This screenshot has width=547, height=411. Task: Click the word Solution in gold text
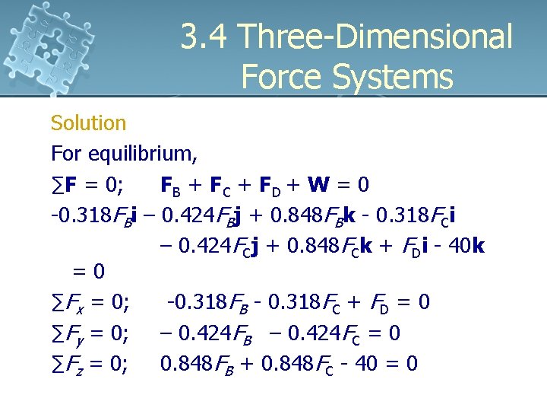click(x=88, y=123)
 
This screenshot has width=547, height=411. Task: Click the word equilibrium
click(x=144, y=154)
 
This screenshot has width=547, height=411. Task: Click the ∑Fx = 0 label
click(x=90, y=303)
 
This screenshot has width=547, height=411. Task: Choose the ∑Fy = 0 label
click(x=90, y=334)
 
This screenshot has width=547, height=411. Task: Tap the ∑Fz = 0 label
click(x=90, y=365)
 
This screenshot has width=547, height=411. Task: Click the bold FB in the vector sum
click(x=169, y=186)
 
